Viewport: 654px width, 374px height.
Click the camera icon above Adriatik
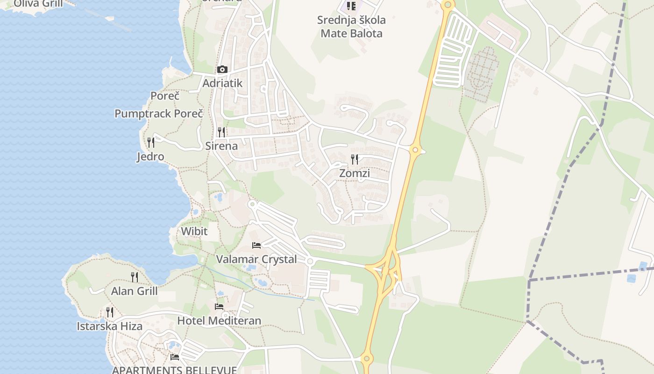[222, 70]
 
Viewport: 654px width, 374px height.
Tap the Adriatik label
[222, 83]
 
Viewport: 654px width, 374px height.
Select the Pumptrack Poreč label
[159, 114]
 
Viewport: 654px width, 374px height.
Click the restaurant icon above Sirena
[221, 132]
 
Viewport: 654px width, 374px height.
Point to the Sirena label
[221, 146]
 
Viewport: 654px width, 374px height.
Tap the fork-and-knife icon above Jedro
[150, 142]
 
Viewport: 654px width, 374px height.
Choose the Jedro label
[150, 156]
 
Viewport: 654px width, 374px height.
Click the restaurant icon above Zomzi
[355, 159]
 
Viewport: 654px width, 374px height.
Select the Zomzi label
[355, 173]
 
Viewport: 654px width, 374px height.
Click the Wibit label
[194, 231]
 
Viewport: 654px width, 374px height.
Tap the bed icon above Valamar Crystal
[256, 245]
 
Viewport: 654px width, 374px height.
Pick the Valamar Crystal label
[256, 259]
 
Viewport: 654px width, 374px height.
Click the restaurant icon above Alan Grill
[135, 277]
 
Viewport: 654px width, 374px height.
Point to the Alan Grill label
[135, 291]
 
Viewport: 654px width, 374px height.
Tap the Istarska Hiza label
[109, 326]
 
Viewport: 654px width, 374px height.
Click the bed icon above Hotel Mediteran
[219, 307]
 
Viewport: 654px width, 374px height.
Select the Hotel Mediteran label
[219, 321]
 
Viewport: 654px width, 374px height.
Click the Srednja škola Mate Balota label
[351, 27]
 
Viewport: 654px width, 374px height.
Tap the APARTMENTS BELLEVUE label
[175, 370]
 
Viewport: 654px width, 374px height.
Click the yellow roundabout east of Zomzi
[415, 150]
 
